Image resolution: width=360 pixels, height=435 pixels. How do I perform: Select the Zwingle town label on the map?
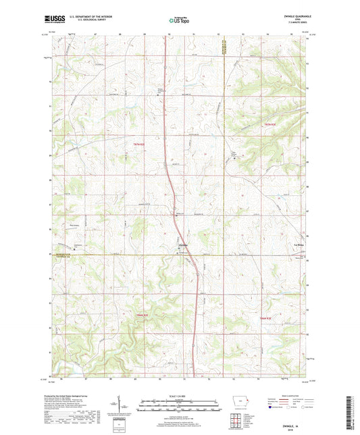(183, 244)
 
